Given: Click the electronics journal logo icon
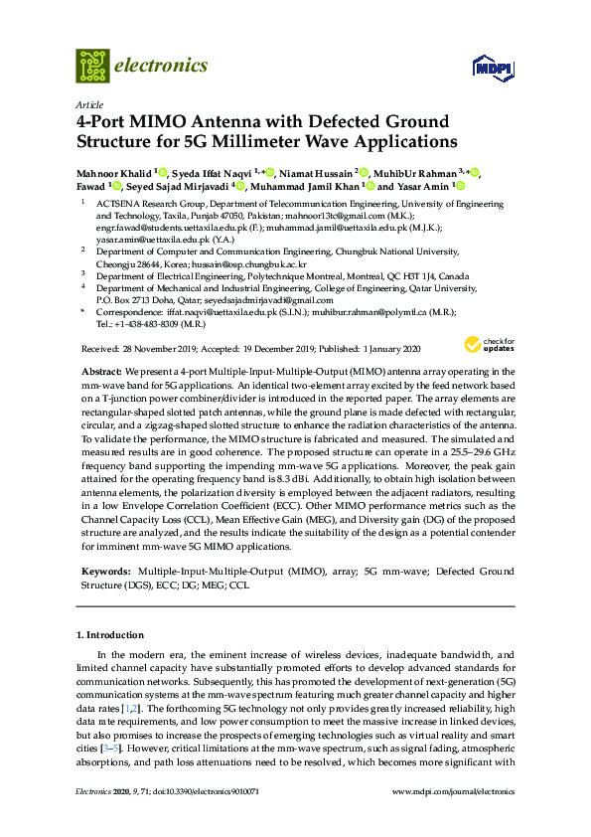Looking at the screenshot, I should [x=92, y=65].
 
